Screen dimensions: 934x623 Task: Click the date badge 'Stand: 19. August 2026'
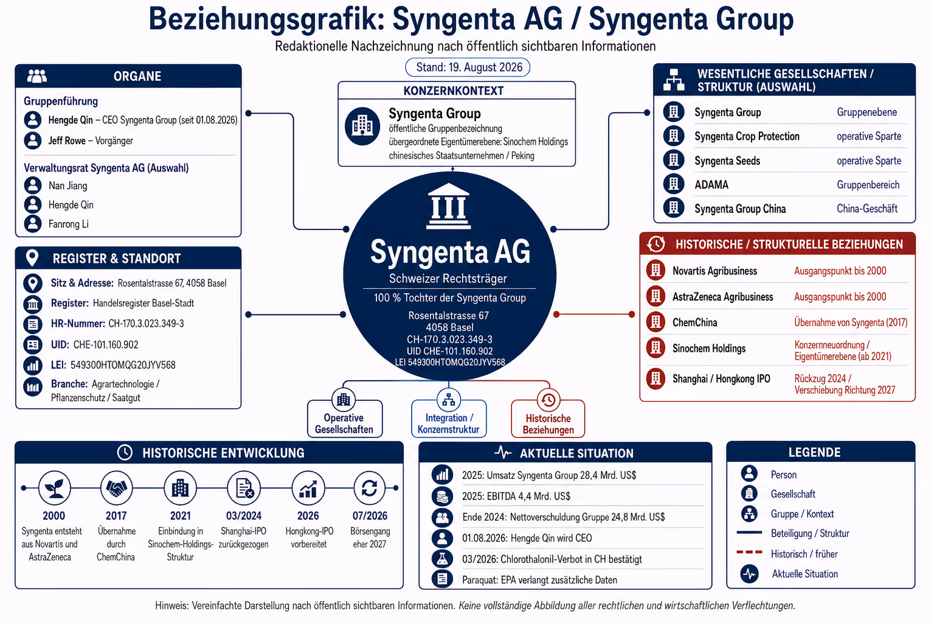[468, 67]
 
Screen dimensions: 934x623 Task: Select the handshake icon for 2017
[116, 488]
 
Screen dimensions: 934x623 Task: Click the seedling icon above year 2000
[54, 488]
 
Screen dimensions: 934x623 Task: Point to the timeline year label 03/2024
[243, 516]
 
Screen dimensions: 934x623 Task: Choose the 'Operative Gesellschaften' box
[344, 419]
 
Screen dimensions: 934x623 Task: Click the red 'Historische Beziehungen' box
[548, 419]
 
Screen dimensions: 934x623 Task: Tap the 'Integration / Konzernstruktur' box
[449, 419]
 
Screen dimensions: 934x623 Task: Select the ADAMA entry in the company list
[711, 184]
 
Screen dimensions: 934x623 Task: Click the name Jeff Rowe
[67, 141]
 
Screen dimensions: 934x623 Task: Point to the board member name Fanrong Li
[68, 224]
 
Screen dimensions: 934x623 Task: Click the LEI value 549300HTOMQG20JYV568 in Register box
[123, 365]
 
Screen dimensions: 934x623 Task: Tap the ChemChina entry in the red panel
[694, 322]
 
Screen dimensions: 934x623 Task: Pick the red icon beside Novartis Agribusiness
[656, 270]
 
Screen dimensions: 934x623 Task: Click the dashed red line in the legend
[749, 552]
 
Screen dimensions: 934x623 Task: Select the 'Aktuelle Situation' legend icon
[749, 574]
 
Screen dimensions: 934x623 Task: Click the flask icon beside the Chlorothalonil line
[442, 559]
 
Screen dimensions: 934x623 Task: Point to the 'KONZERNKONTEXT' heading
[453, 91]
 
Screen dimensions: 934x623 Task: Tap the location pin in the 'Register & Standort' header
[32, 259]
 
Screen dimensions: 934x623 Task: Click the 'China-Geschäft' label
[867, 209]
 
